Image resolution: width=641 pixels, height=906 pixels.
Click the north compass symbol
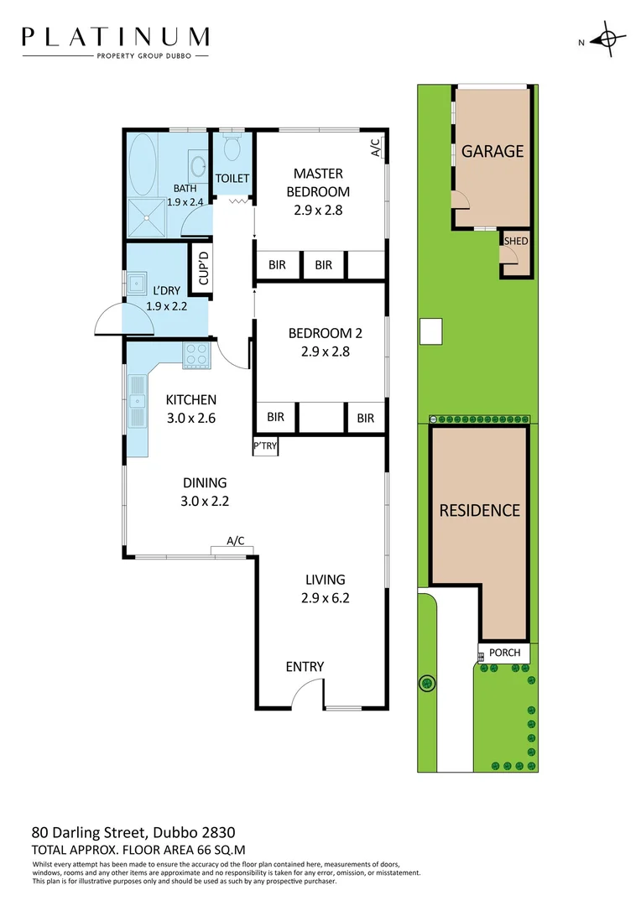(x=607, y=40)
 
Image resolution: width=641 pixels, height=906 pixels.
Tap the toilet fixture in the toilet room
(x=232, y=148)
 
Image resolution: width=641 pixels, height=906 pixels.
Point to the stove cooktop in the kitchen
(x=197, y=355)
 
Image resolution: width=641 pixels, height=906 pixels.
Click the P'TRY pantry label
(x=265, y=446)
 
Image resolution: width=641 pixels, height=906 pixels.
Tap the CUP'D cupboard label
(x=202, y=268)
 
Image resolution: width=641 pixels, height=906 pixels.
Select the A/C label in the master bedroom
(x=375, y=148)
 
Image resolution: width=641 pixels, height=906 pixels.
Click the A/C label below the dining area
(x=235, y=541)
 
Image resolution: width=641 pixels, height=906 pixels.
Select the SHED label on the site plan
(x=515, y=242)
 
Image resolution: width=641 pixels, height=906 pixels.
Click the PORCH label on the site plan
(x=504, y=653)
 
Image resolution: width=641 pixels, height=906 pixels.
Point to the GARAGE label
(x=492, y=152)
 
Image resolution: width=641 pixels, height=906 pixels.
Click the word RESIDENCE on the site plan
(x=480, y=510)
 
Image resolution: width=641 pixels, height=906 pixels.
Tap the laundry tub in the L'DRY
(x=135, y=281)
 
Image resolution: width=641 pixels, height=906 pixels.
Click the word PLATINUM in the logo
(x=116, y=37)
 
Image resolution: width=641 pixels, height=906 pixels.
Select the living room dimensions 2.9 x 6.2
(x=324, y=598)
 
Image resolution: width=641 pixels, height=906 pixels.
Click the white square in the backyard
(x=431, y=332)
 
